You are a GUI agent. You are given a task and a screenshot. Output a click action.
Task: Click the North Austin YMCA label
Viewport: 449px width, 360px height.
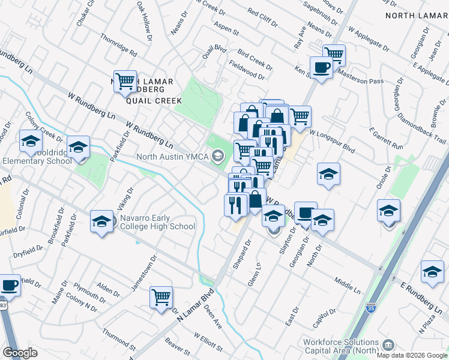(172, 157)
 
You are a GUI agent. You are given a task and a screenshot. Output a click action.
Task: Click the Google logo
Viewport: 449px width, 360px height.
(20, 353)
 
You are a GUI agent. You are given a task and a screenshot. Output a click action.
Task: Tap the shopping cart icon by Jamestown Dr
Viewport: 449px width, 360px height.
(161, 297)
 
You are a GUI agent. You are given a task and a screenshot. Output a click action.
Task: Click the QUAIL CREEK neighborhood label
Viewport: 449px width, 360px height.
(153, 101)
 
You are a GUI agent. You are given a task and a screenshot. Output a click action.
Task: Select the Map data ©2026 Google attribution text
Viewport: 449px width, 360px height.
(411, 355)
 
